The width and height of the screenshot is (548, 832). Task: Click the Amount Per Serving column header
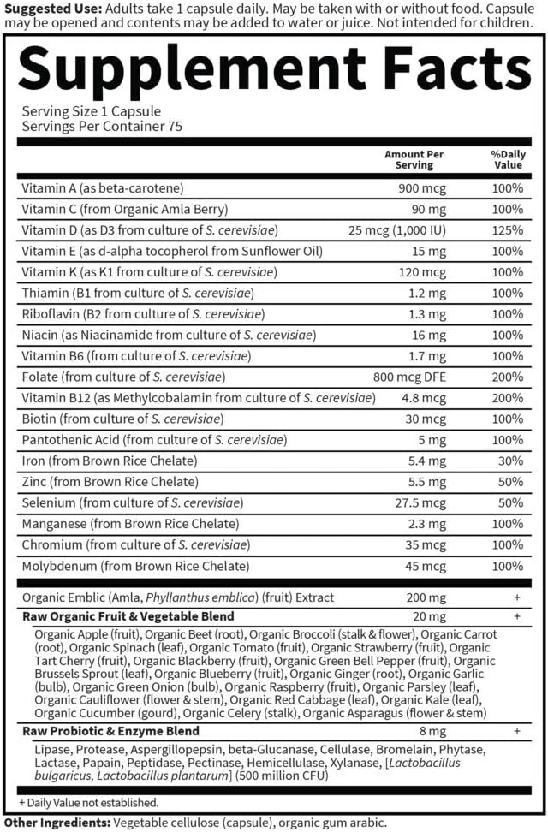click(x=415, y=159)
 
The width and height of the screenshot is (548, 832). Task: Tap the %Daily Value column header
click(x=507, y=159)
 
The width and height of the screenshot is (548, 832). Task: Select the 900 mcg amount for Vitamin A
click(x=422, y=188)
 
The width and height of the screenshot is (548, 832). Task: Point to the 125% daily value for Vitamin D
click(x=507, y=230)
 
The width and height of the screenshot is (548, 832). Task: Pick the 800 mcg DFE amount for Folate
click(x=411, y=377)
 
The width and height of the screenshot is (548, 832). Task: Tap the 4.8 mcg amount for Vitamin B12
click(x=424, y=398)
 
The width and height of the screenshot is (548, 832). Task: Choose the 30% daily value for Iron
click(x=510, y=461)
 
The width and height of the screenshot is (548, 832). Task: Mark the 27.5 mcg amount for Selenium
click(x=420, y=502)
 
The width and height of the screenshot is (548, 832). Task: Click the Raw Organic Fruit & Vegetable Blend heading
click(x=128, y=616)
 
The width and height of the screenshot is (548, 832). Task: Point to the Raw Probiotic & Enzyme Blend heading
click(x=110, y=731)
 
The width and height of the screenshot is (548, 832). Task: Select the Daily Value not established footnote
click(x=89, y=803)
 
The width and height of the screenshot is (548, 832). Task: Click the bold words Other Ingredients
click(x=57, y=823)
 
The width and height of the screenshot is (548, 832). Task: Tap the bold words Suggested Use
click(x=49, y=7)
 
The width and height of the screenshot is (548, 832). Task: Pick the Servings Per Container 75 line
click(x=103, y=127)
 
